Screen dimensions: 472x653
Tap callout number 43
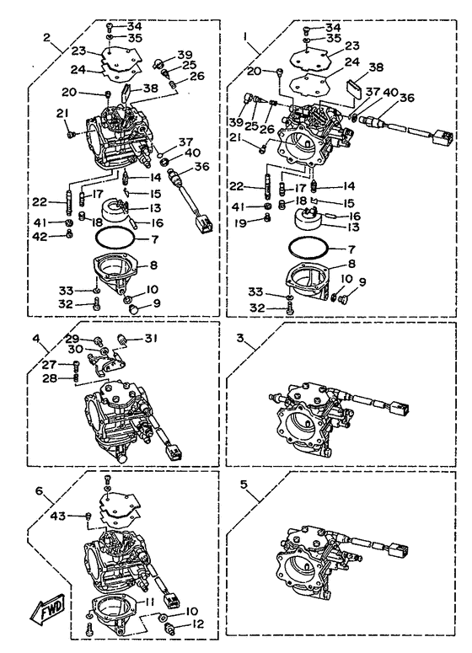(58, 516)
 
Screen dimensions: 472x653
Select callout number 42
(41, 237)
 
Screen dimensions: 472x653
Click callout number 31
(150, 338)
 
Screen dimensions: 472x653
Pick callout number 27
(49, 365)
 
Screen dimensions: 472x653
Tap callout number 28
(49, 377)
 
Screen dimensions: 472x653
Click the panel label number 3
(240, 338)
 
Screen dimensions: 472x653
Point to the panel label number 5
(244, 484)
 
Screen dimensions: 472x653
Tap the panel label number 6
(39, 490)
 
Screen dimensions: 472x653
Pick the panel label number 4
(36, 338)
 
